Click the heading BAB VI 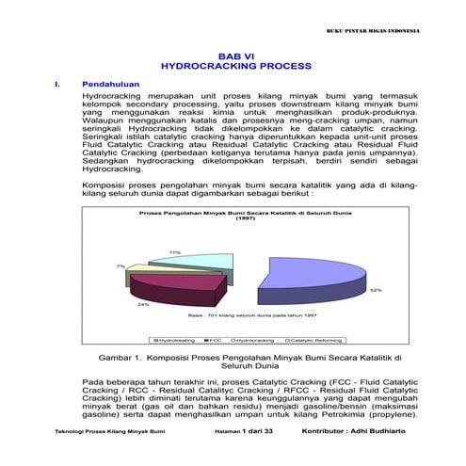pos(236,56)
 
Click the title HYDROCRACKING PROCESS pos(236,68)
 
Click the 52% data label pos(375,290)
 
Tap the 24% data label pos(142,304)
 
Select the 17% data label pos(174,252)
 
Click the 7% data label pos(120,266)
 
